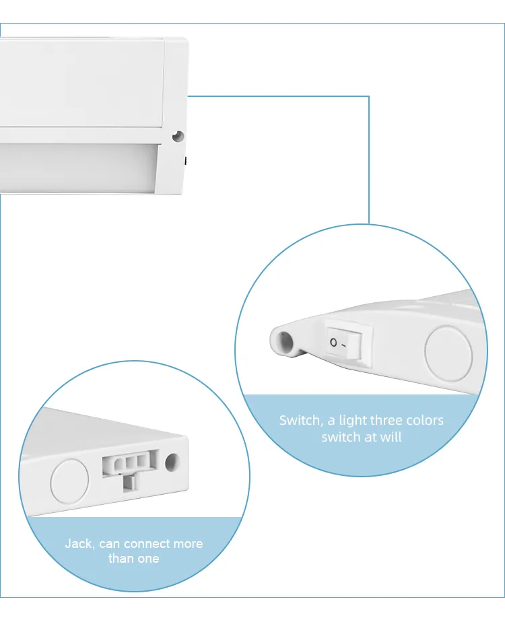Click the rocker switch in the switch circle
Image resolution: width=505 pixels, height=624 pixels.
coord(349,343)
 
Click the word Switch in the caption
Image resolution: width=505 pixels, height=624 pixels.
coord(300,421)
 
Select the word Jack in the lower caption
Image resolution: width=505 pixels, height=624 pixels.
coord(79,544)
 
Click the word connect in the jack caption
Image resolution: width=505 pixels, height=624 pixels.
coord(149,544)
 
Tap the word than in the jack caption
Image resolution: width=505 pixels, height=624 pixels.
coord(121,559)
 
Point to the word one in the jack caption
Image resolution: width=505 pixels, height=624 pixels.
coord(149,559)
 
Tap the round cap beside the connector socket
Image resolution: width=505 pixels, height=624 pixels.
coord(70,481)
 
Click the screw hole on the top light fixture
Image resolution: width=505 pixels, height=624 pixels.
coord(178,135)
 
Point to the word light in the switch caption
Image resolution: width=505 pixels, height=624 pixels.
coord(353,421)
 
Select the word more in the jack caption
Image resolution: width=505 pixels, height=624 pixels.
coord(189,544)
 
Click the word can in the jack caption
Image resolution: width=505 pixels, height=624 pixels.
coord(110,544)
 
